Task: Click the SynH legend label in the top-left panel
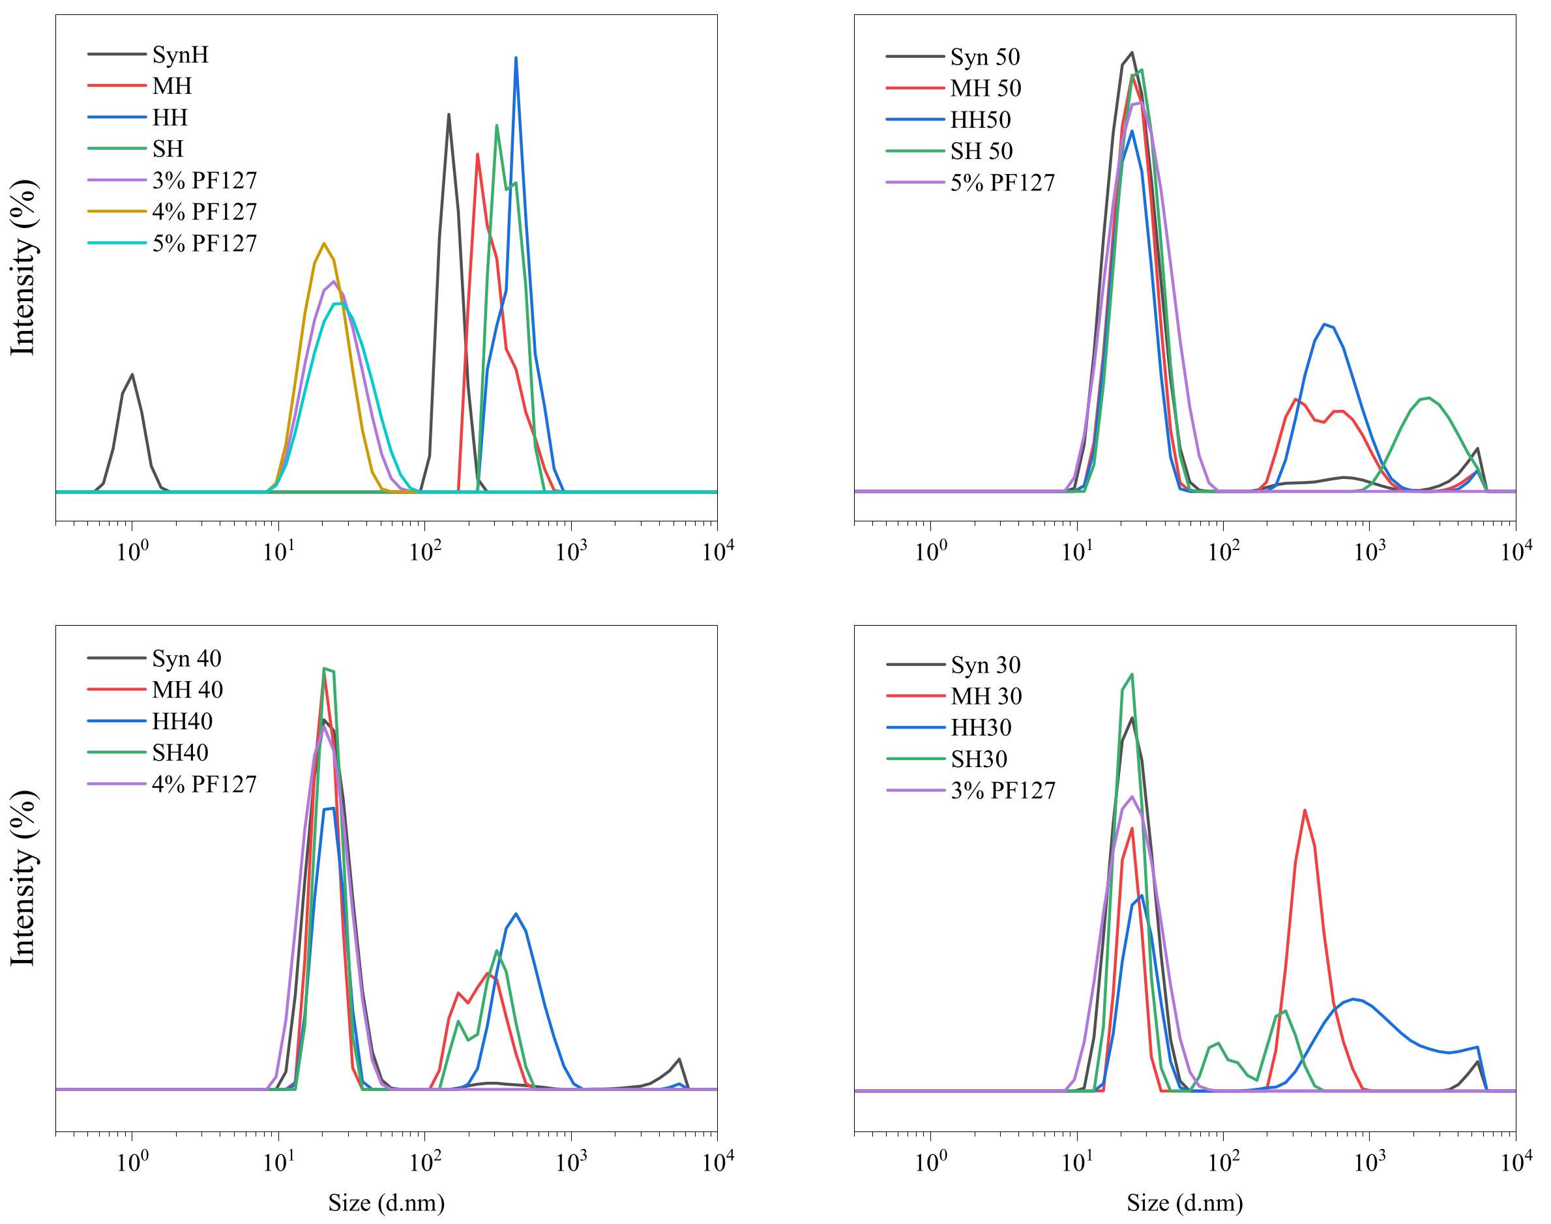pyautogui.click(x=180, y=55)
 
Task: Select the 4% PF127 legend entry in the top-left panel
pyautogui.click(x=204, y=211)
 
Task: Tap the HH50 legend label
pyautogui.click(x=980, y=120)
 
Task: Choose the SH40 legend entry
pyautogui.click(x=180, y=753)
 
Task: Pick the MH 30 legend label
pyautogui.click(x=986, y=696)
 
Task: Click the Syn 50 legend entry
pyautogui.click(x=985, y=57)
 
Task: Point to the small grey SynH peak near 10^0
pyautogui.click(x=132, y=375)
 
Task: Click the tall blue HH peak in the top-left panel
pyautogui.click(x=516, y=59)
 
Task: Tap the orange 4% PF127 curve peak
pyautogui.click(x=325, y=244)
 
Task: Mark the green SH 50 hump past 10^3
pyautogui.click(x=1428, y=398)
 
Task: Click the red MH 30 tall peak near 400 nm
pyautogui.click(x=1305, y=811)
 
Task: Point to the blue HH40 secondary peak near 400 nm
pyautogui.click(x=516, y=914)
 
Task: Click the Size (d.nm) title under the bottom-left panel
pyautogui.click(x=387, y=1202)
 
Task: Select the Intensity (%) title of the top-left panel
pyautogui.click(x=23, y=267)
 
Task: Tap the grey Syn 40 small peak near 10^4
pyautogui.click(x=679, y=1059)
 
